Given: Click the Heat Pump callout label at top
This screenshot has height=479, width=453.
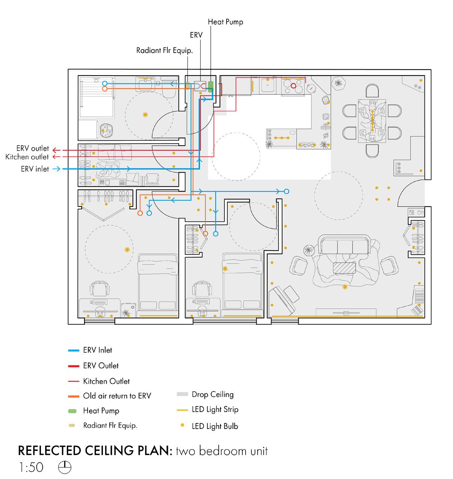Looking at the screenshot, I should [x=225, y=22].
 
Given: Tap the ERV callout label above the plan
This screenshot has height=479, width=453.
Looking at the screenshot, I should [x=196, y=35].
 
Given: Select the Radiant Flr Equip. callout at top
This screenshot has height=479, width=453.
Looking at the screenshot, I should [x=165, y=50].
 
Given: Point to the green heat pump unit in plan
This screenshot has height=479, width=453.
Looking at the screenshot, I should [x=210, y=87].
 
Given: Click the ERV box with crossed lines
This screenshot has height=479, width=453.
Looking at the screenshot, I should [x=199, y=86].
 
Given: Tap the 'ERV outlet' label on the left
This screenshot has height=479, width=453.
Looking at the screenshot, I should [x=32, y=149].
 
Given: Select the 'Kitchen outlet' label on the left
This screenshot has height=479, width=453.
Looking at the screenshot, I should [x=27, y=157].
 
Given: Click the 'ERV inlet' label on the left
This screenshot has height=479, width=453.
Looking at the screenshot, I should [x=35, y=169].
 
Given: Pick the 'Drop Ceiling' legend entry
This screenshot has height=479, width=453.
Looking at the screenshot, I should [x=213, y=394].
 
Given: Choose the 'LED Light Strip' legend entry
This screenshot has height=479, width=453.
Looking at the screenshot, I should [x=215, y=409].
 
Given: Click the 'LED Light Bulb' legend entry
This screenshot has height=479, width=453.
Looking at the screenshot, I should [x=215, y=426].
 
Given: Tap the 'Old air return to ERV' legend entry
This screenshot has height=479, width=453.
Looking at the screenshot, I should [x=117, y=396].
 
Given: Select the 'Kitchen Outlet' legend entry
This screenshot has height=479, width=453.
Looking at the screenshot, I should [x=106, y=381].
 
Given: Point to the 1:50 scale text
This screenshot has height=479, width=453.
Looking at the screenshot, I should [x=31, y=467].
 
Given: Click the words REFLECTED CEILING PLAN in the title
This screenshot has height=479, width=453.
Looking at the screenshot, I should [x=95, y=450].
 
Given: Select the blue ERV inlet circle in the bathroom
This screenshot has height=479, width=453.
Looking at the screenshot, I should [x=105, y=83].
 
